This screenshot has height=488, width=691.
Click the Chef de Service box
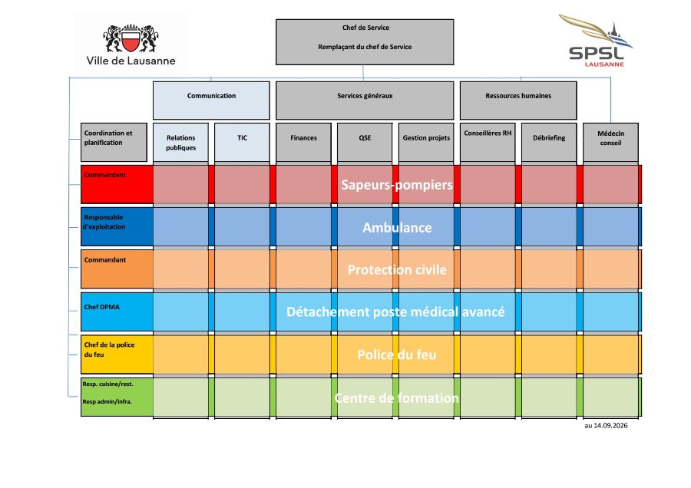tap(365, 42)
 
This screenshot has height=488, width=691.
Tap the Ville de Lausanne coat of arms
tap(131, 39)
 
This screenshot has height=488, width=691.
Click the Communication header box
tap(211, 100)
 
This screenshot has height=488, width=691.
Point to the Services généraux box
tap(365, 100)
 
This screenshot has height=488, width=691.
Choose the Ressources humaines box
tap(518, 100)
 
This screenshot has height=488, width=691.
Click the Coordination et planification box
tap(114, 142)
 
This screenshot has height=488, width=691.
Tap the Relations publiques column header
tap(180, 142)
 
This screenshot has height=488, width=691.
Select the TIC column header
tap(242, 142)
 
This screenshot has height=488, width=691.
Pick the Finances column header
tap(303, 142)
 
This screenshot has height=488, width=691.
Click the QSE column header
tap(365, 142)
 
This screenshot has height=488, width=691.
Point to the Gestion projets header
tap(426, 142)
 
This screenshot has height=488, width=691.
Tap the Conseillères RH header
tap(488, 142)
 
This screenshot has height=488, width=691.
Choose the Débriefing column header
tap(549, 142)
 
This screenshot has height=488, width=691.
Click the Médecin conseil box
tap(610, 142)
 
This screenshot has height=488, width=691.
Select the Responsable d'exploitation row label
tap(104, 222)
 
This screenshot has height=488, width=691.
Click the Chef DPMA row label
tap(102, 307)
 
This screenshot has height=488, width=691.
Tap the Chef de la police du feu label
tap(109, 350)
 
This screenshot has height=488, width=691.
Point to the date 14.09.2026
tap(610, 425)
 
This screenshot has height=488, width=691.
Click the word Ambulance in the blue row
tap(397, 228)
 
